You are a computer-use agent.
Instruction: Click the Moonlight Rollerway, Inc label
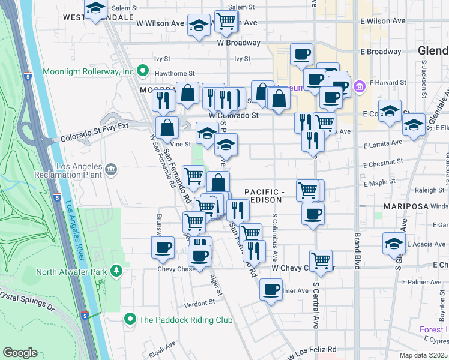coord(88,71)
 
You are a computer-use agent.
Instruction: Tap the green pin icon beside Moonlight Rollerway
coord(142,71)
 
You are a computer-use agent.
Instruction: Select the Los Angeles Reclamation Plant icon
coord(110,170)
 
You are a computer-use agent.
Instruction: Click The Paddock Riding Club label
coord(185,320)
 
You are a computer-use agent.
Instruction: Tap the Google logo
coord(20,353)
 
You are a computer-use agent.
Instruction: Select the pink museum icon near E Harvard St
coord(359,86)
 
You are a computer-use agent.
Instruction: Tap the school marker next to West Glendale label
coord(95,10)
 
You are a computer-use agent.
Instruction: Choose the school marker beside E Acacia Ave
coord(394,243)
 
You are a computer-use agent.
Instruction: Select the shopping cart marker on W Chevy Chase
coord(321,260)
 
